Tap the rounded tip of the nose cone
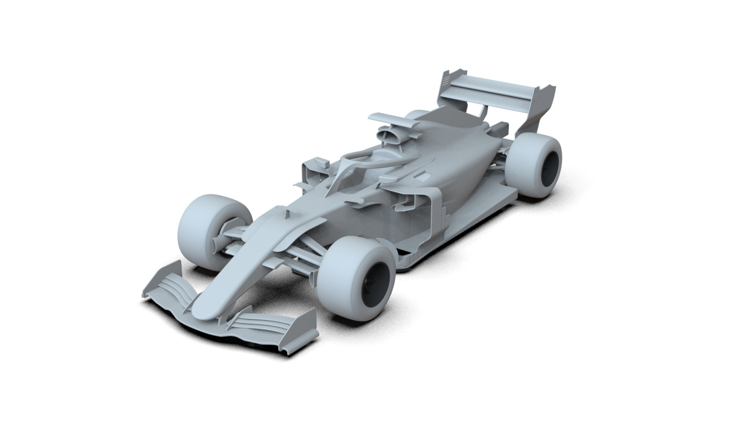(203, 310)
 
